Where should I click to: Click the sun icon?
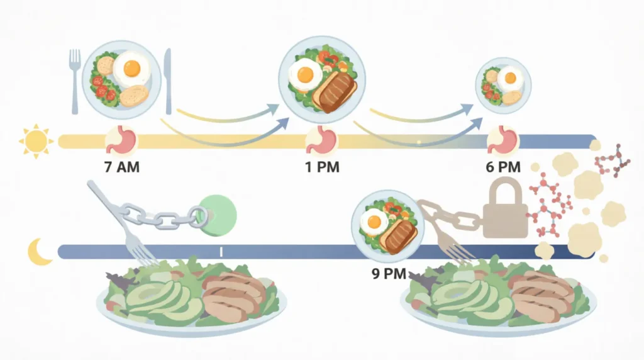pos(36,141)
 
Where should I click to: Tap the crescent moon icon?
pos(38,252)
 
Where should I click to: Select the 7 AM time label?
pos(122,167)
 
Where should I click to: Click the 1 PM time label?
pos(322,167)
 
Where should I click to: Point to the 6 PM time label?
pos(503,167)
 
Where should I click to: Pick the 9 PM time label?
pos(389,274)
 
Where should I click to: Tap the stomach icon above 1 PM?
pos(321,140)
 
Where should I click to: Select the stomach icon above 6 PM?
pos(503,140)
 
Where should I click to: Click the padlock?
pos(505,210)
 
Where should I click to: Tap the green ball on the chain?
pos(217,215)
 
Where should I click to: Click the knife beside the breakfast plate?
pos(168,81)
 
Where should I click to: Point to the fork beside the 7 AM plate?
pos(75,81)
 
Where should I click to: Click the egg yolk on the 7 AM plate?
pos(132,68)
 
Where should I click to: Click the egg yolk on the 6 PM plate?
pos(511,77)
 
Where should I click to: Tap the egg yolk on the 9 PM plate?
pos(374,222)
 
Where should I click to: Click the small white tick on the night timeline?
pos(221,252)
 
